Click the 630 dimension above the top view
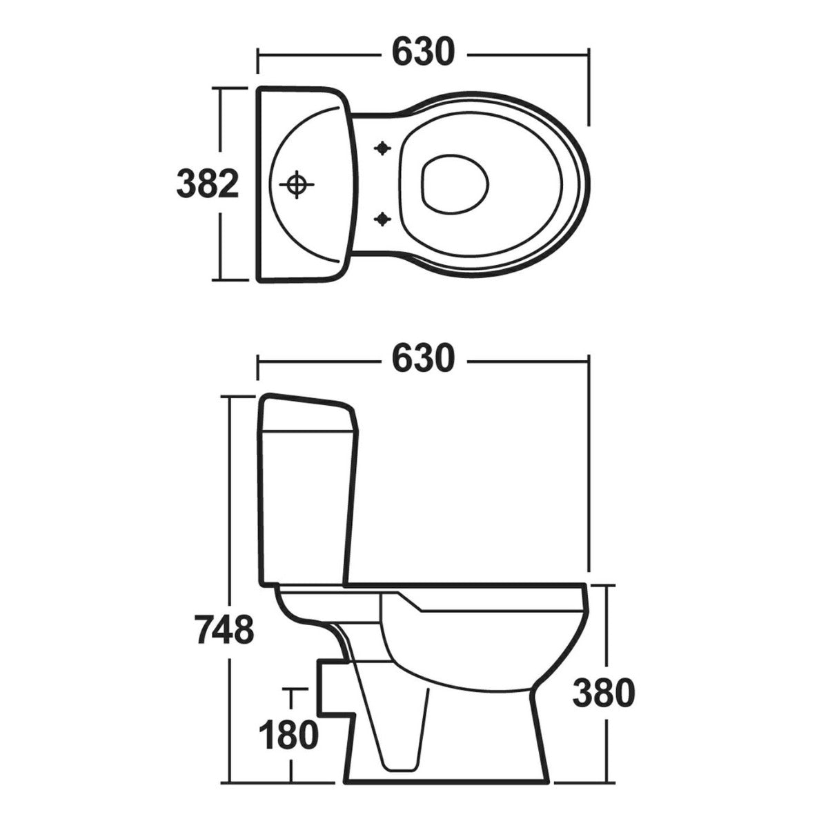tap(424, 52)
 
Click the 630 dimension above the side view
tap(424, 358)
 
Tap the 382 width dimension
tap(208, 184)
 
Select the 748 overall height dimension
tap(224, 629)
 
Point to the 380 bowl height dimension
tap(603, 694)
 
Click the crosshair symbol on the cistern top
tap(297, 184)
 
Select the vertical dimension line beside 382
tap(221, 124)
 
